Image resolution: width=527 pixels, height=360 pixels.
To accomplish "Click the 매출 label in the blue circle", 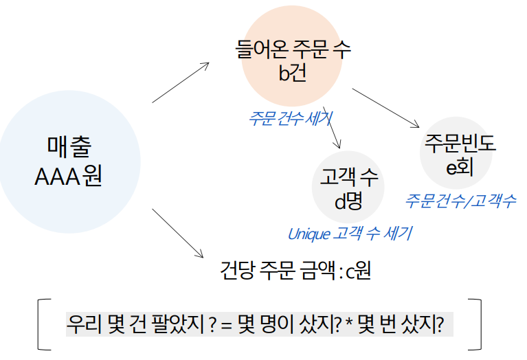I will (x=68, y=146).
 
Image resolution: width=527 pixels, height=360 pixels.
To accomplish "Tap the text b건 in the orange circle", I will (x=292, y=74).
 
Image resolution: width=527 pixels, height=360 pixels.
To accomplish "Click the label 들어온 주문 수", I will (x=292, y=49).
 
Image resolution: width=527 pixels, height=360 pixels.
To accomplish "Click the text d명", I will (x=348, y=202).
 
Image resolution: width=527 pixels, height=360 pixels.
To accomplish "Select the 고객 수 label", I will (x=349, y=179).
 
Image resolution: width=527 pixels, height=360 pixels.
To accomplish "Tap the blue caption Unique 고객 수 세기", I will (x=349, y=234).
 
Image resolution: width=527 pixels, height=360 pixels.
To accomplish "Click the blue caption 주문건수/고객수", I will (x=460, y=201).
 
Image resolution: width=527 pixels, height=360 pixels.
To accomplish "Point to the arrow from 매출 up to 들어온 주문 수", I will (x=180, y=82).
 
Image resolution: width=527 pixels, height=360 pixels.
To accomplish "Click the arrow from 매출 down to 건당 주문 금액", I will (x=178, y=233).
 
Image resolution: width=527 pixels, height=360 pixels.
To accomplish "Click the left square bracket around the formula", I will (x=42, y=324).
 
